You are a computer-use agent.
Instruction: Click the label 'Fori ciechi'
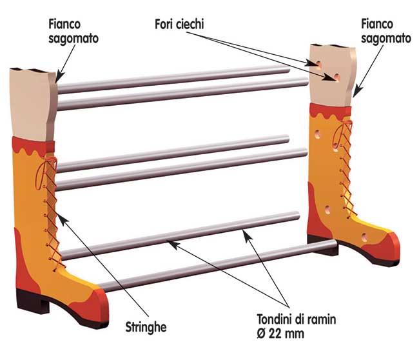click(x=179, y=24)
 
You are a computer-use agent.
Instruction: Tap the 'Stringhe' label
click(x=146, y=327)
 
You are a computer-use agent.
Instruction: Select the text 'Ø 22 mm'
click(x=280, y=334)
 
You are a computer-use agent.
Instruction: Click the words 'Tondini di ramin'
click(x=297, y=319)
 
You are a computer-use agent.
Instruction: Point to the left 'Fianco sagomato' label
click(x=73, y=32)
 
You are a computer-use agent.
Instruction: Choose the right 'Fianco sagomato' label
click(x=386, y=32)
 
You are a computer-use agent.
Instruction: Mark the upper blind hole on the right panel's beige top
click(x=318, y=64)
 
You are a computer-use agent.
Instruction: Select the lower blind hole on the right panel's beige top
click(x=337, y=77)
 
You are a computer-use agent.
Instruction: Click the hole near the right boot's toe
click(x=364, y=237)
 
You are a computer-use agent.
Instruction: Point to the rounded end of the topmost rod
click(x=288, y=70)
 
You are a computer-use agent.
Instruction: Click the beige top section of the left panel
click(x=33, y=105)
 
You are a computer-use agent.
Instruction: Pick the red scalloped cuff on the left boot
click(x=34, y=146)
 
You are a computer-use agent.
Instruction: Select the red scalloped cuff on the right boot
click(x=330, y=112)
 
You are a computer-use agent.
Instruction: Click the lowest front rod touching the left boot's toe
click(x=217, y=265)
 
